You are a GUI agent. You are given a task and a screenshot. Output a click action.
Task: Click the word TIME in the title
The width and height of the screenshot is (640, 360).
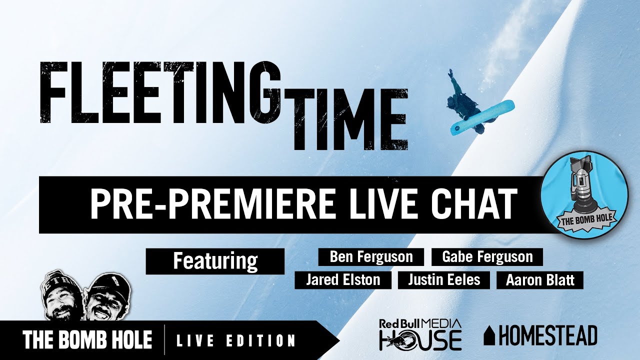click(350, 118)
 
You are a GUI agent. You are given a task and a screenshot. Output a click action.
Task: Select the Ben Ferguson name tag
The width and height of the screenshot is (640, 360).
click(371, 257)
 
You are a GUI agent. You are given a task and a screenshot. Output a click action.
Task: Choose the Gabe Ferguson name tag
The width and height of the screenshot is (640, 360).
click(487, 257)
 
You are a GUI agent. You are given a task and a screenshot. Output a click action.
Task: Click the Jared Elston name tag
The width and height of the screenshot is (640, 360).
click(343, 280)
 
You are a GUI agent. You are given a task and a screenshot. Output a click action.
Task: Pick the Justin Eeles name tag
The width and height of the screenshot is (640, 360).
click(444, 280)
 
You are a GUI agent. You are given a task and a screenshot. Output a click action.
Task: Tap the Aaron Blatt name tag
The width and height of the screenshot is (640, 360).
click(540, 280)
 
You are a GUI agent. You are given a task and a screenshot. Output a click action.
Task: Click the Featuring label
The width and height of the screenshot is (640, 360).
click(215, 261)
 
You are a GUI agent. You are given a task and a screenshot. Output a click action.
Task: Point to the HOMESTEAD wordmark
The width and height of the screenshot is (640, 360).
click(548, 335)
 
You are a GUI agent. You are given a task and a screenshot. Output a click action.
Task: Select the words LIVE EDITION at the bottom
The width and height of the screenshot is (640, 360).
click(236, 341)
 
